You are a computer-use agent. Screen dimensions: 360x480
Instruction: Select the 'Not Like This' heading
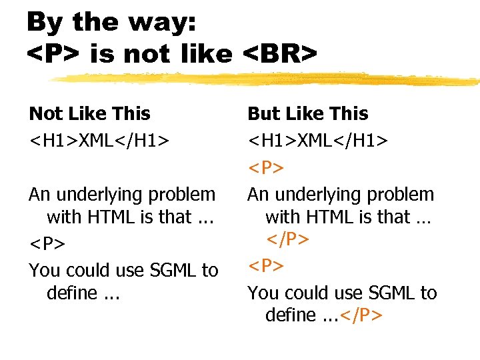pos(89,114)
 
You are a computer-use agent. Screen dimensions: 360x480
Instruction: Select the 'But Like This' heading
pos(307,114)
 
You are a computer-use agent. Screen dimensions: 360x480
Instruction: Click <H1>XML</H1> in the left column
pos(98,141)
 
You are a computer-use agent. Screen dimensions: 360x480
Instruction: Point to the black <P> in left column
pos(47,244)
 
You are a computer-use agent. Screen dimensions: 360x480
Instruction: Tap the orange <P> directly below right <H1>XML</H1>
pos(266,168)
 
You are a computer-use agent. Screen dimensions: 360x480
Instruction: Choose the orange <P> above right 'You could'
pos(266,267)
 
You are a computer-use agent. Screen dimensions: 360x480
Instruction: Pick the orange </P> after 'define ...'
pos(360,315)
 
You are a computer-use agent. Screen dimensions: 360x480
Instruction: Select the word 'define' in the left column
pos(71,293)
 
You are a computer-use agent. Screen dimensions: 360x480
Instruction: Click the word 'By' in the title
pos(46,22)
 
